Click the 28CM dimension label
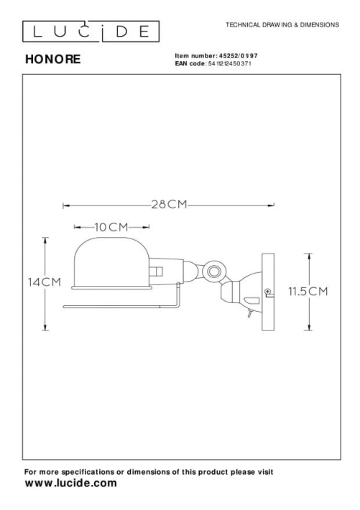[170, 204]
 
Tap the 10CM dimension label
[111, 227]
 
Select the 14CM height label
[45, 282]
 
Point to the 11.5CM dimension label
[308, 291]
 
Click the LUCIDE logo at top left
[91, 32]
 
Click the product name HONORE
[53, 59]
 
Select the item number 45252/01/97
[239, 56]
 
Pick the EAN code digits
[229, 63]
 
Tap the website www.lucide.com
[70, 483]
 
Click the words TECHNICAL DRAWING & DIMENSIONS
[282, 24]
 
